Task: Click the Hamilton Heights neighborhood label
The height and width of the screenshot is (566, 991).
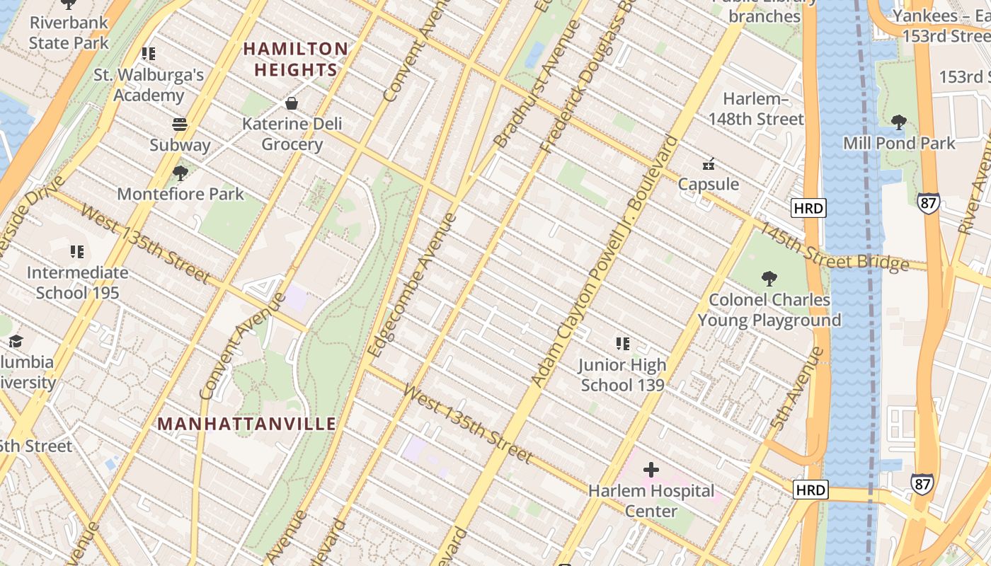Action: pyautogui.click(x=295, y=59)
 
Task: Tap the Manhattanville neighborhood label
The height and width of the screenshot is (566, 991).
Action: pyautogui.click(x=246, y=424)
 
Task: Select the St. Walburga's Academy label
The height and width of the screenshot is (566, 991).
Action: pyautogui.click(x=149, y=84)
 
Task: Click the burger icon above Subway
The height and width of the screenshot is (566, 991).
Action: pyautogui.click(x=180, y=125)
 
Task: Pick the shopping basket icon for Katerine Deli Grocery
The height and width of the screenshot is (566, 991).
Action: pyautogui.click(x=291, y=104)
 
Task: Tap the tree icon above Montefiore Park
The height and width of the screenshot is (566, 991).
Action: pyautogui.click(x=181, y=173)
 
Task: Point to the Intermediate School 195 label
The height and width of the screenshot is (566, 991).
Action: pyautogui.click(x=77, y=282)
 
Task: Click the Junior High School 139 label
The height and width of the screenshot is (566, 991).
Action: pyautogui.click(x=622, y=375)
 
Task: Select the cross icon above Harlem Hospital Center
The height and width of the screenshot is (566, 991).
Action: pyautogui.click(x=651, y=469)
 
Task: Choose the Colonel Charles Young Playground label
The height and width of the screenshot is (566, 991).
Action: pyautogui.click(x=769, y=310)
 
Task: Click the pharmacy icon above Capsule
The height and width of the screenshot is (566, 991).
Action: pyautogui.click(x=708, y=164)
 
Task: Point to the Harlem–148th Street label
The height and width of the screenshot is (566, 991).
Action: pyautogui.click(x=756, y=109)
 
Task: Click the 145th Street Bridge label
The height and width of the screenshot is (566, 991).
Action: pyautogui.click(x=833, y=248)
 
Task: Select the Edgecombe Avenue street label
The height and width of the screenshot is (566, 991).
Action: pyautogui.click(x=413, y=284)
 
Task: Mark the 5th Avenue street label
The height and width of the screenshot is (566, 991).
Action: pyautogui.click(x=797, y=388)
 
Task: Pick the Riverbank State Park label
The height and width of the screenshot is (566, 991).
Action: pyautogui.click(x=69, y=33)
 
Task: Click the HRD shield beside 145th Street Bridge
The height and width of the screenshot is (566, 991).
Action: pyautogui.click(x=808, y=208)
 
